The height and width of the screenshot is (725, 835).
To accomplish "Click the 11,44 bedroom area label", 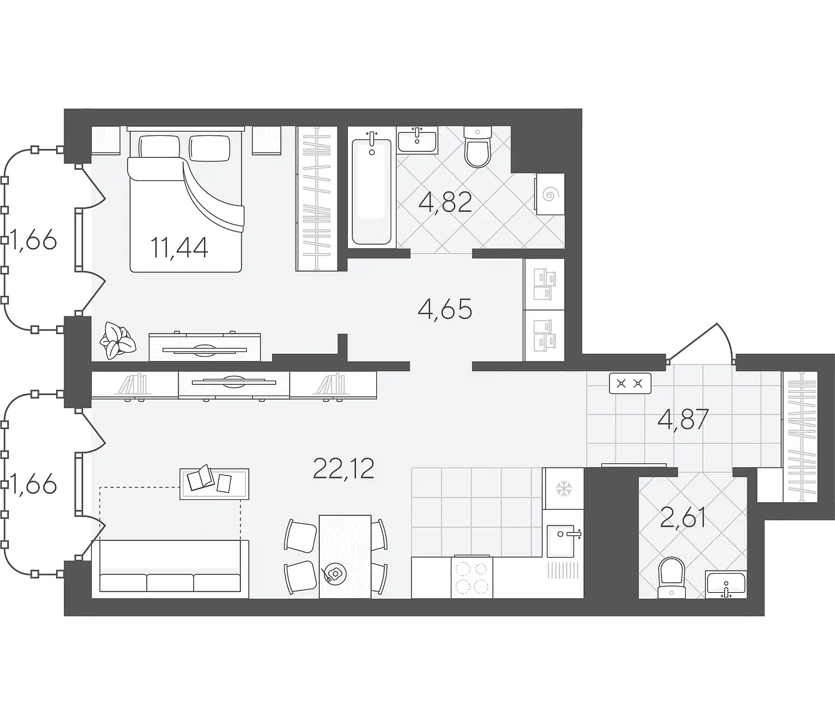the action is coord(179,247).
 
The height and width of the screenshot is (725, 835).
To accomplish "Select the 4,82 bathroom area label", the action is coord(446,202).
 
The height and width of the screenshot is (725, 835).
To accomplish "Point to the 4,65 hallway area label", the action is coord(445,309).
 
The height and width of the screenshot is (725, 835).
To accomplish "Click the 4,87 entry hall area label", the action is coord(683,419).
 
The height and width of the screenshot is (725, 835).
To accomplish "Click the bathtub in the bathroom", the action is coord(372,192).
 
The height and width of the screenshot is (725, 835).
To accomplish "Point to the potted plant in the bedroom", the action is coord(118,340).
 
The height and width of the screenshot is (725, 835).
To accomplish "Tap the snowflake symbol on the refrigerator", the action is coord(564,488).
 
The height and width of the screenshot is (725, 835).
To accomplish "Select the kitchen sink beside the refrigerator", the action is coord(564,540).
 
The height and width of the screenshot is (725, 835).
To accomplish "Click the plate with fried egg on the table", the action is coord(334,574).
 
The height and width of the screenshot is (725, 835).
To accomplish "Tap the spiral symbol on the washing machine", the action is coord(549,194).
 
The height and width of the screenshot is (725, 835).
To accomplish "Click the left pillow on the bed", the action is coord(159,147).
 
